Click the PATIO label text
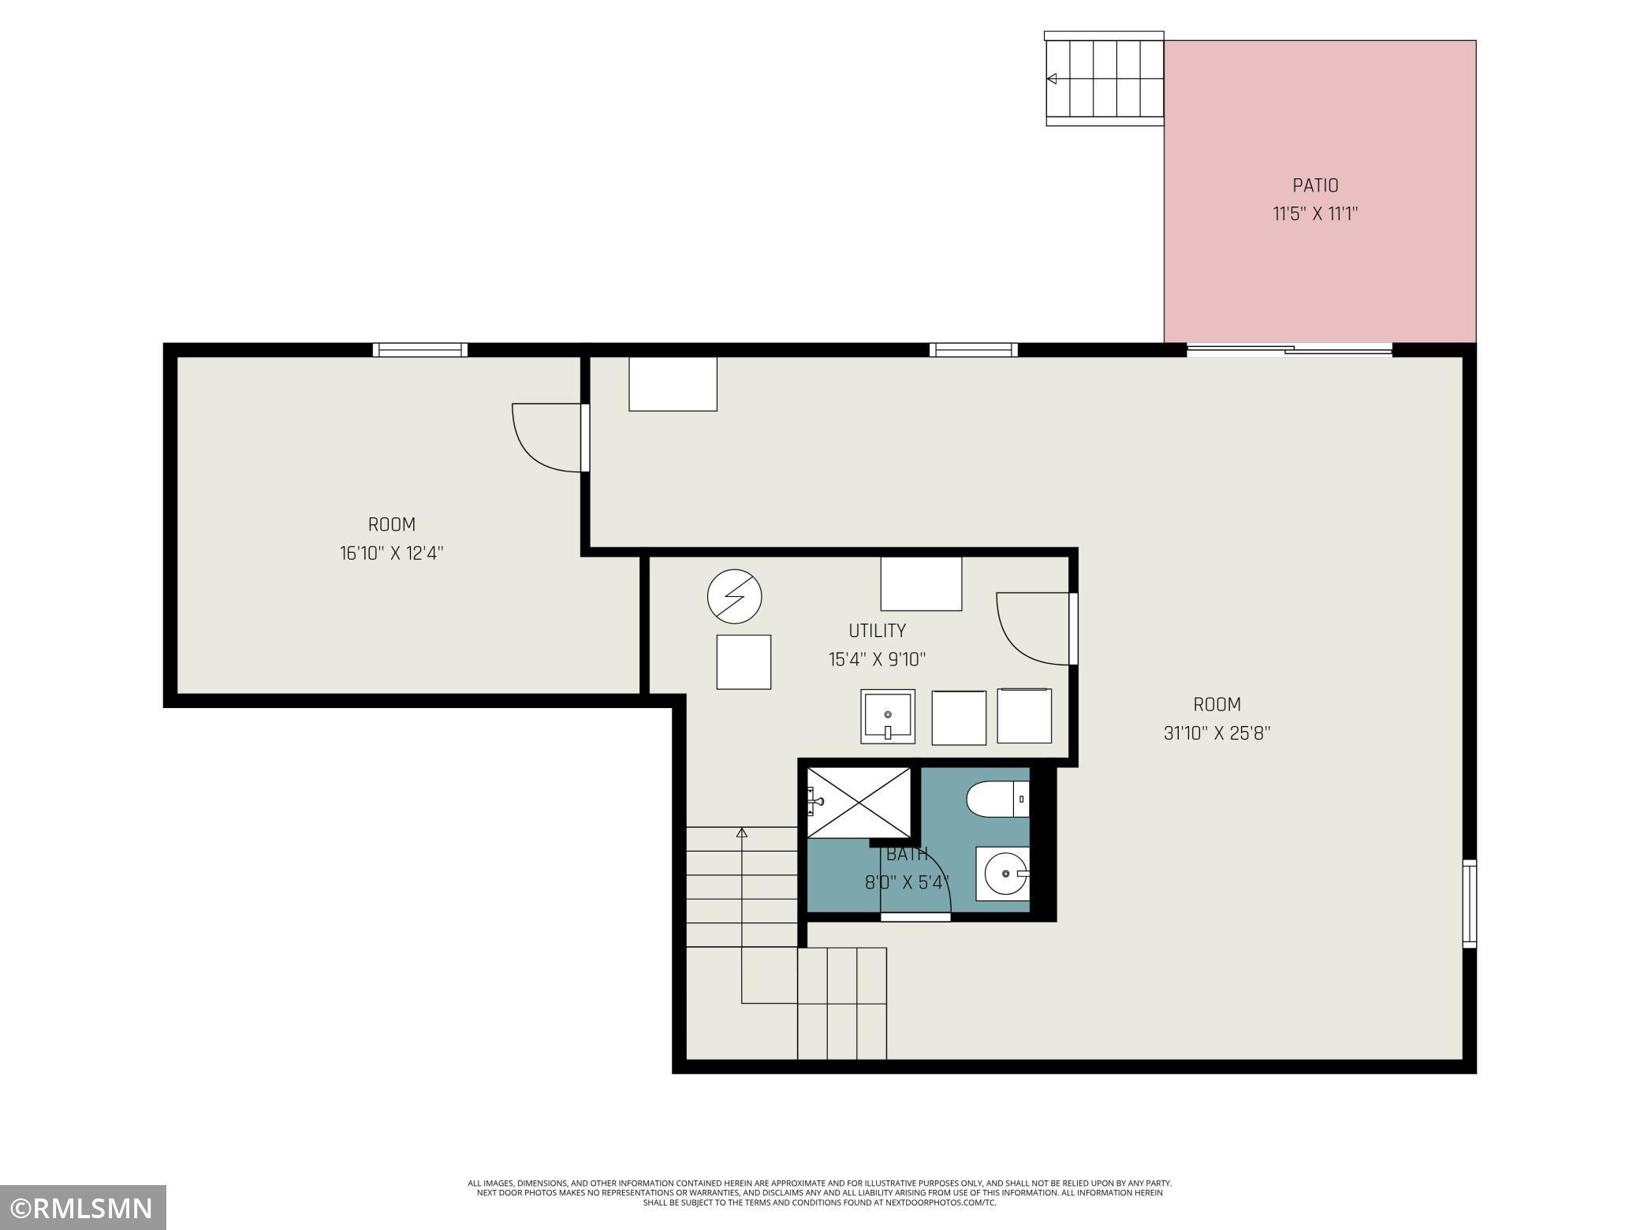(x=1315, y=185)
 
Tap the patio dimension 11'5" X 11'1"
(x=1315, y=214)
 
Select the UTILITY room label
(x=877, y=631)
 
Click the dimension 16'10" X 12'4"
(x=392, y=553)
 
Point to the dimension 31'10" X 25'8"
(x=1217, y=733)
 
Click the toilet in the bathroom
(x=997, y=799)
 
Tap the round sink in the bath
(x=1003, y=874)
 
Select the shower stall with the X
(x=859, y=802)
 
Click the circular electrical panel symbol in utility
(x=735, y=597)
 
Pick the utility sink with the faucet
(x=888, y=716)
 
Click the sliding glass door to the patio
(x=1289, y=350)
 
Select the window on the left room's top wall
(x=420, y=350)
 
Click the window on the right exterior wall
(x=1470, y=904)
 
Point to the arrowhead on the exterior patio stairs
(x=1051, y=79)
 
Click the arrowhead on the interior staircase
(x=741, y=832)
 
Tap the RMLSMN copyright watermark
(x=83, y=1208)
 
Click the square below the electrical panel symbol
(x=744, y=662)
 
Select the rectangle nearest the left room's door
(x=673, y=384)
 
